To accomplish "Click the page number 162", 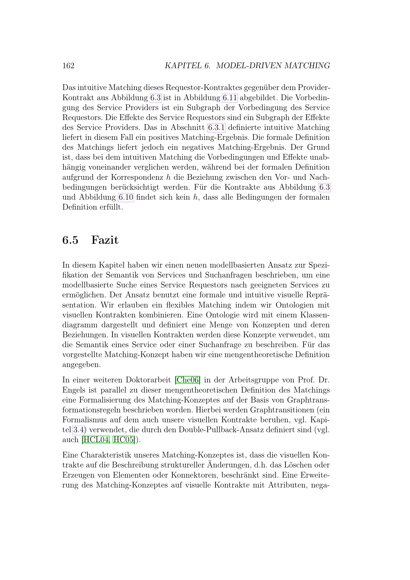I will [x=68, y=66].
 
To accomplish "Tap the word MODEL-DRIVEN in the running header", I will [x=249, y=66].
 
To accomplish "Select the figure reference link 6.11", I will [x=230, y=98].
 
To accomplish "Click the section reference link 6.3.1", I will [x=216, y=127].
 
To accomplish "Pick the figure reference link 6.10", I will [x=126, y=197].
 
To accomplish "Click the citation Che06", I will [x=188, y=380].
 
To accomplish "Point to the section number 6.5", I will [x=70, y=240].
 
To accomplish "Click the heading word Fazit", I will [x=105, y=240].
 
